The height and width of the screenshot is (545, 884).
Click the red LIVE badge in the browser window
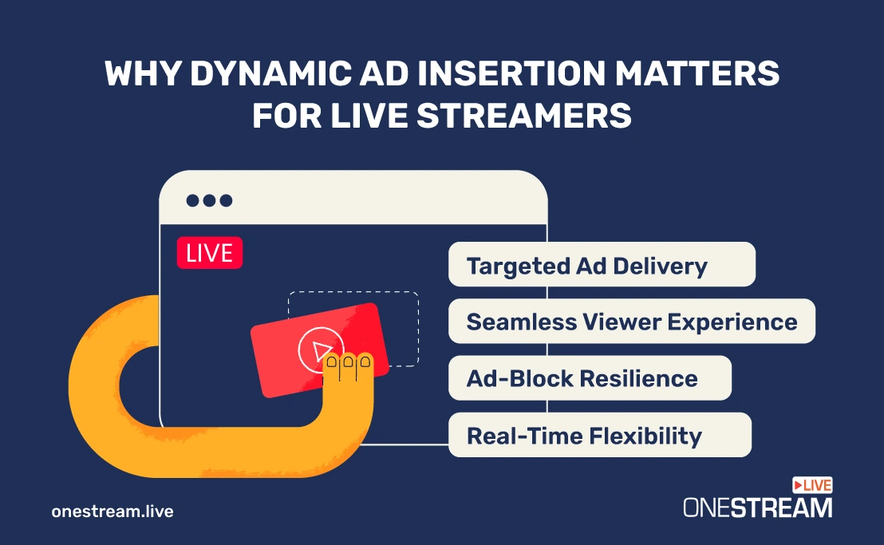pos(210,253)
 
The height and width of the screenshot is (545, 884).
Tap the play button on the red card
pos(319,350)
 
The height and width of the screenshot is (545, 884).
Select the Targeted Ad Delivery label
pos(602,264)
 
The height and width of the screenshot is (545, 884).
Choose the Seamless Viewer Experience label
pos(631,322)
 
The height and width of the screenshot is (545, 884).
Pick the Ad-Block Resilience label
pos(590,378)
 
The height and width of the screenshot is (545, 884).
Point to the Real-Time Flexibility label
pos(600,435)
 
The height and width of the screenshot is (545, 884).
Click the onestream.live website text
pos(112,511)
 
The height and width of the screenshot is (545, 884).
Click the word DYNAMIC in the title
pos(271,73)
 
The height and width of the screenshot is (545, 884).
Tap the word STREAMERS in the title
pos(523,116)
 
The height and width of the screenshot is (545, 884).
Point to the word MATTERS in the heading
pos(697,73)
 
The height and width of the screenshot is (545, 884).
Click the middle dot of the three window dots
pos(209,200)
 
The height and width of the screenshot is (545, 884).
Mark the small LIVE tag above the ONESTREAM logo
pos(812,485)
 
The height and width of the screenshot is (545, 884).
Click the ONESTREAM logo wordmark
pos(758,507)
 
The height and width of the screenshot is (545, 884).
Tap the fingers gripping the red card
pos(349,365)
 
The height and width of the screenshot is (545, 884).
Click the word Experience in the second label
pos(732,322)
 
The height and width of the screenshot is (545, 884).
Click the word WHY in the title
pos(143,73)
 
